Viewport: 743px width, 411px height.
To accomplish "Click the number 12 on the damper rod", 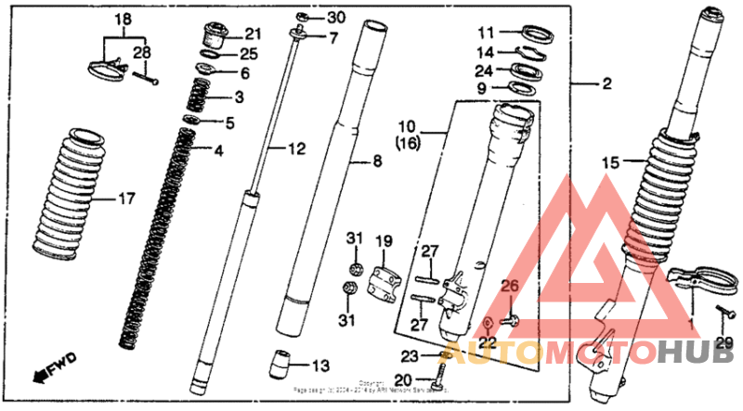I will (295, 148).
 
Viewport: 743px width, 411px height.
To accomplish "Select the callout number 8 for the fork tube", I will (377, 162).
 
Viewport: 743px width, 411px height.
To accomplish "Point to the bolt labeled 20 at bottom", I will (437, 376).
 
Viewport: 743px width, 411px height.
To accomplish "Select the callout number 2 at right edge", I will (606, 84).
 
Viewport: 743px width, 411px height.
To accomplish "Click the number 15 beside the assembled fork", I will (609, 162).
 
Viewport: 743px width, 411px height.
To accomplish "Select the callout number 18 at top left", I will (124, 19).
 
